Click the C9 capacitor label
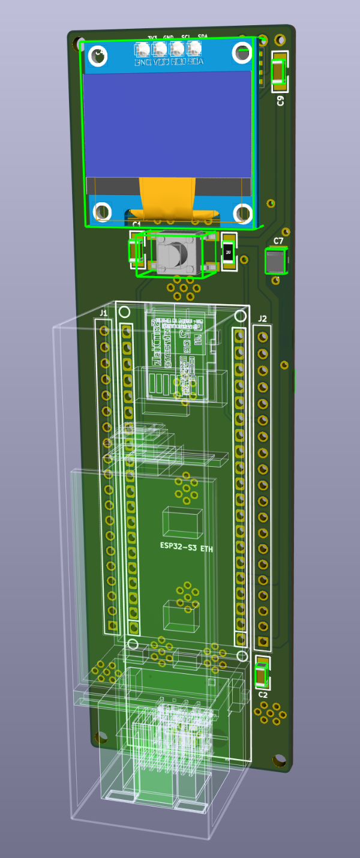(x=280, y=100)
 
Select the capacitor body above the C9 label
(x=280, y=71)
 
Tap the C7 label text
(x=278, y=241)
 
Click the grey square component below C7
(x=275, y=262)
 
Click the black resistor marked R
(x=228, y=254)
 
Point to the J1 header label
(x=104, y=313)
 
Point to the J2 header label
(x=262, y=319)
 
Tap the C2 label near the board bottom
(x=263, y=694)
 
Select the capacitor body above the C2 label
(x=261, y=676)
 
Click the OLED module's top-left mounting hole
(x=98, y=56)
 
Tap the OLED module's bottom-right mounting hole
(x=242, y=212)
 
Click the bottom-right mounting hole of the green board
(x=279, y=760)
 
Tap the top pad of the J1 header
(x=104, y=331)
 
